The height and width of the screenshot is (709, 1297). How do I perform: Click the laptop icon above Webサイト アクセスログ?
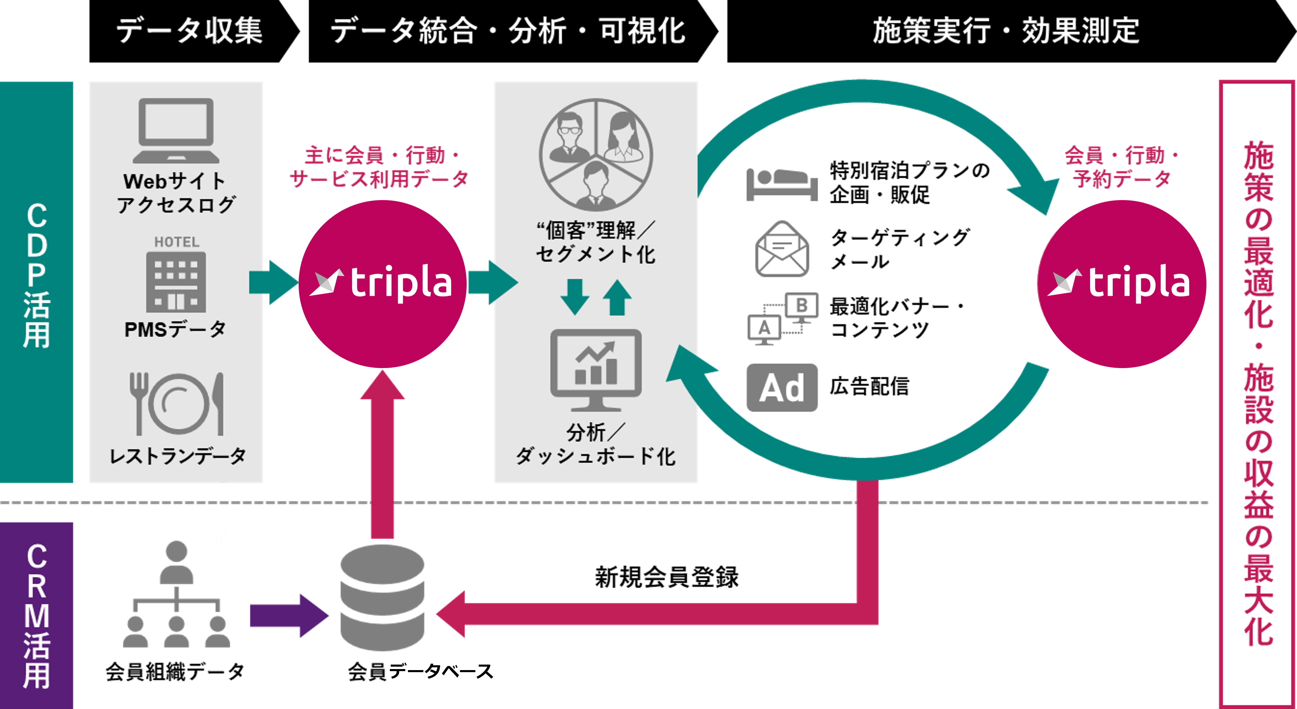coord(176,130)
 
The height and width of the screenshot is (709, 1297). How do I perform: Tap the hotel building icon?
coord(176,281)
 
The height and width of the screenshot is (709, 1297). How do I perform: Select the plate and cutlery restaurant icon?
coord(176,404)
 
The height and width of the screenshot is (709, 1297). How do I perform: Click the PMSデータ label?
coord(175,330)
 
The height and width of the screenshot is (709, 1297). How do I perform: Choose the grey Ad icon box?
coord(781,388)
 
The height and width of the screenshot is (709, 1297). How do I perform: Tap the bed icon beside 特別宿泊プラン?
coord(781,184)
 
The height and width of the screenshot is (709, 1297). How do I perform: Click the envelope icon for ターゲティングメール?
coord(782,249)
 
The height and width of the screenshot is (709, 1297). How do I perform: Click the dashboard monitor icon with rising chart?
coord(595,369)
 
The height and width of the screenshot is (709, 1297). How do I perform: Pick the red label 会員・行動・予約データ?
coord(1121,167)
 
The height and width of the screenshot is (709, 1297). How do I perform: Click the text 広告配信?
coord(870,387)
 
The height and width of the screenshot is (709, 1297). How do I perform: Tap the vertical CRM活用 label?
coord(37,615)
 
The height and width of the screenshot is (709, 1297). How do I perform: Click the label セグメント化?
coord(595,255)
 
